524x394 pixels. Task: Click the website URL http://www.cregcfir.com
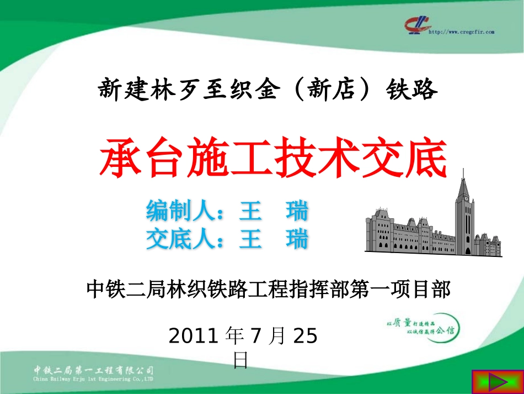point(461,32)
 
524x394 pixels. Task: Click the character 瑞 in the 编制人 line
point(297,211)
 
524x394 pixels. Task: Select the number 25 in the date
point(305,336)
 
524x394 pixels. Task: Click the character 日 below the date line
point(241,360)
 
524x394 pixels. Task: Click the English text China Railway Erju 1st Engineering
point(93,379)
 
